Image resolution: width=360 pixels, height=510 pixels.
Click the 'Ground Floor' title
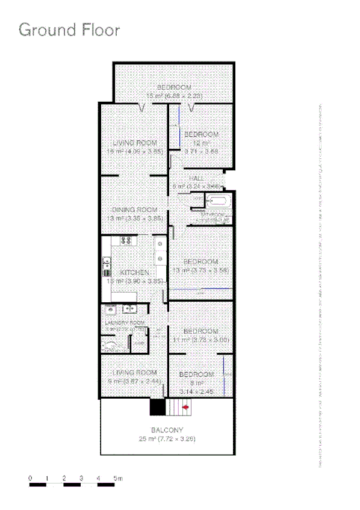[69, 30]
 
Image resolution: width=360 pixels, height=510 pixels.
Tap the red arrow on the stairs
[185, 408]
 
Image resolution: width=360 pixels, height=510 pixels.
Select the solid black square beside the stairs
[157, 407]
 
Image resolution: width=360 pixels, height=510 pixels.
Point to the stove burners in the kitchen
[126, 241]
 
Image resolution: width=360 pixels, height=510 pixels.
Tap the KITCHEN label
[135, 273]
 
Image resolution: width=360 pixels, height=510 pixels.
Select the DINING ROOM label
[135, 210]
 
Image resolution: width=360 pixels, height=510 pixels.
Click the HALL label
[196, 179]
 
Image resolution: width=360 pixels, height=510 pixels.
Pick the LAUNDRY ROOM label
[126, 323]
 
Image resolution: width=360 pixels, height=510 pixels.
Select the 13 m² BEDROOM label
[200, 262]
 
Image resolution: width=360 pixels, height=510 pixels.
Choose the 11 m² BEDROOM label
[200, 332]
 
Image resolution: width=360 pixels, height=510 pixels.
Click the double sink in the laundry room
[120, 309]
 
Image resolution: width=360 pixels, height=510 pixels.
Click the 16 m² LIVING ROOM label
[135, 143]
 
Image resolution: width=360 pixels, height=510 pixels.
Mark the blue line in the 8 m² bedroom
[223, 373]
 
